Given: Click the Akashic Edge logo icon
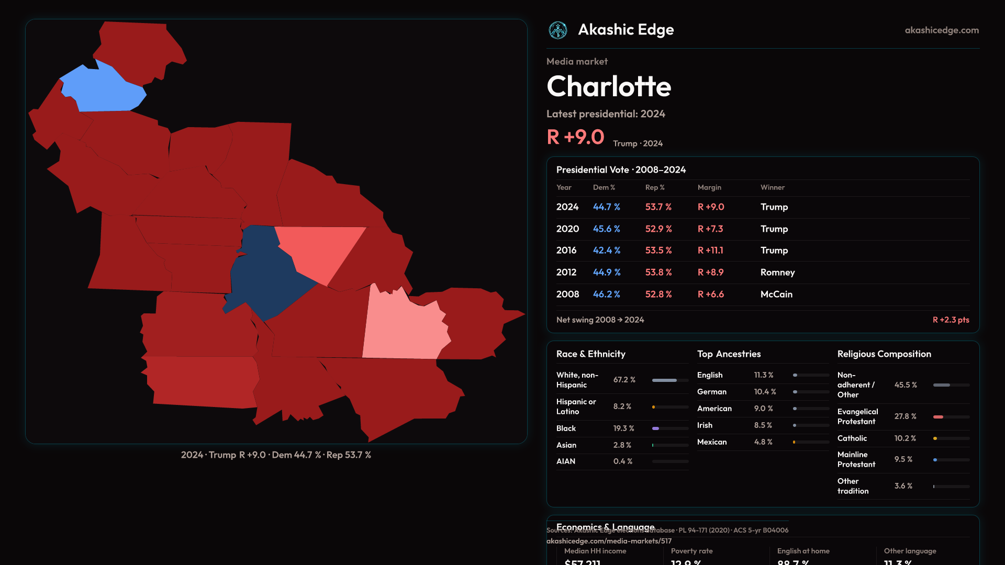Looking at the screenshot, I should tap(557, 30).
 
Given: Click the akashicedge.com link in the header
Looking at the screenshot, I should tap(942, 30).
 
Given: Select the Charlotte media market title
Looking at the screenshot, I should tap(609, 86).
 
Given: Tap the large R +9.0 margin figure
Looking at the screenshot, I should tap(575, 137).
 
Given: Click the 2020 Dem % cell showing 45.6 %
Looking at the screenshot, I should tap(606, 229).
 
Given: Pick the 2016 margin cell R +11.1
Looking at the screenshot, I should tap(710, 251).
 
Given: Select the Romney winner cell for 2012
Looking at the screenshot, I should tap(777, 273).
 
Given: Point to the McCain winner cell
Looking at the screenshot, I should tap(776, 295).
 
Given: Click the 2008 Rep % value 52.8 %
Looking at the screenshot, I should tap(658, 295).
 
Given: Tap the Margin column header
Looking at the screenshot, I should tap(709, 187).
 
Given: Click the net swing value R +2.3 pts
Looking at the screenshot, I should tap(951, 320).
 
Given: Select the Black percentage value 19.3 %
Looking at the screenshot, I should tap(623, 428).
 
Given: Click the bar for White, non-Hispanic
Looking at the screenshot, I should tap(670, 380).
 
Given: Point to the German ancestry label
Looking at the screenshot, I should tap(711, 392).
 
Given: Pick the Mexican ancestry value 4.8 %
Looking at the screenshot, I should tap(763, 442).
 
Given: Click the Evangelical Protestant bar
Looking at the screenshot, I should tap(951, 417).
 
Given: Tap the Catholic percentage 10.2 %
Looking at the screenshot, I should tap(905, 438).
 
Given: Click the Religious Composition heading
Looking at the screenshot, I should tap(884, 354).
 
